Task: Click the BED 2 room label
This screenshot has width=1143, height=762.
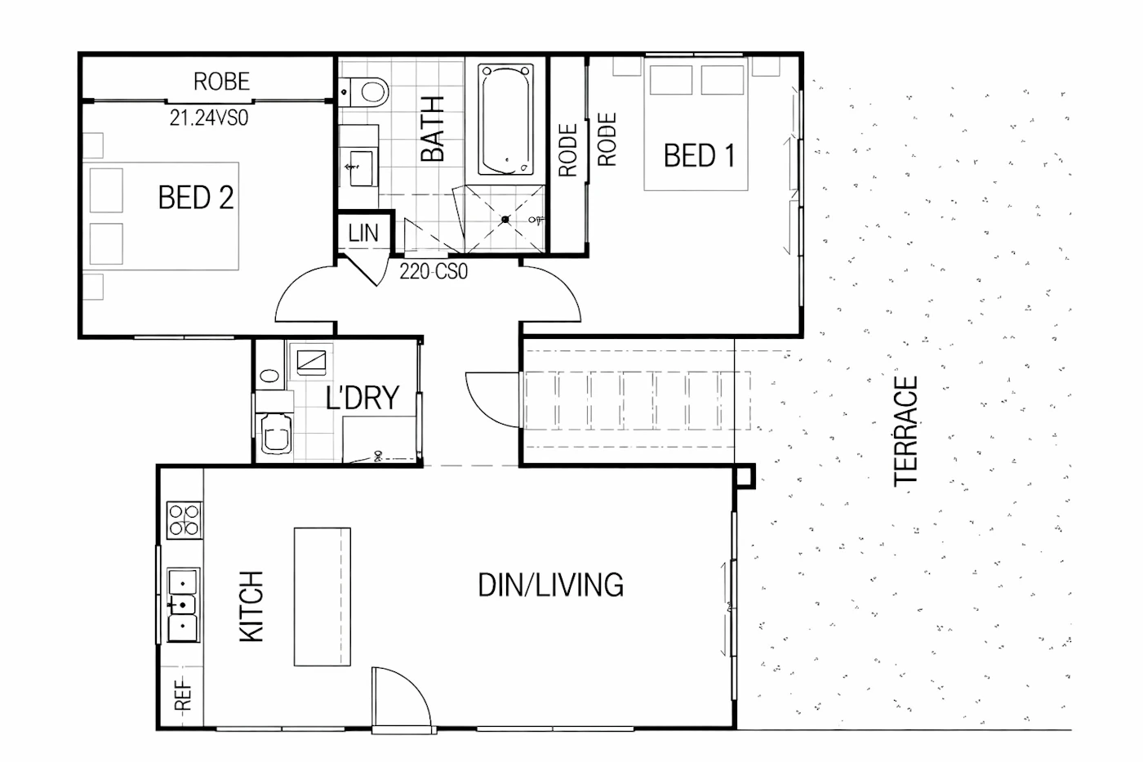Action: tap(196, 198)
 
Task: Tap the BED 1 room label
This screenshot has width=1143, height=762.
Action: tap(700, 156)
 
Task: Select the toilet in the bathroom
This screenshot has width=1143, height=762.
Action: tap(364, 92)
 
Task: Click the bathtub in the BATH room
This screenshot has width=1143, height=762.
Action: tap(505, 119)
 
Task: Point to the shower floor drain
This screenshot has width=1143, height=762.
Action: tap(505, 220)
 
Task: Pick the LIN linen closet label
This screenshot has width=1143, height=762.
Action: tap(363, 234)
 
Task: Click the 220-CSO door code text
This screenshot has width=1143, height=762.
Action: tap(434, 271)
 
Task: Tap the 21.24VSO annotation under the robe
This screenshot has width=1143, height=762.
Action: tap(209, 118)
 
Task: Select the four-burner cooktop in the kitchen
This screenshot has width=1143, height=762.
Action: tap(185, 520)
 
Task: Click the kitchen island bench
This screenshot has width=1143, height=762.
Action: tap(322, 597)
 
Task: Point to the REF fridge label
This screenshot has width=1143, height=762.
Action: tap(183, 695)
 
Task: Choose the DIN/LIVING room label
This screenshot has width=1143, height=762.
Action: tap(550, 585)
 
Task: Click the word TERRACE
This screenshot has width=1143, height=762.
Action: tap(906, 431)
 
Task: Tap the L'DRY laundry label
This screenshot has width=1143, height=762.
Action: tap(362, 398)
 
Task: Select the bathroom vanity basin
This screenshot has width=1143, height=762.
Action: tap(361, 167)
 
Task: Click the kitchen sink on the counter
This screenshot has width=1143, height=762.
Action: tap(183, 605)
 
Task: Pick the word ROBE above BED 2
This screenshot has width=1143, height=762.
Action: tap(222, 82)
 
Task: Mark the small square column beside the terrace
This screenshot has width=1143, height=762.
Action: tap(745, 477)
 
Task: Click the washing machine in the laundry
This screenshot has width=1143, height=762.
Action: tap(276, 434)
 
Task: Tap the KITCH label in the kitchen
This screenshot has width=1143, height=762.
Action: tap(251, 606)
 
